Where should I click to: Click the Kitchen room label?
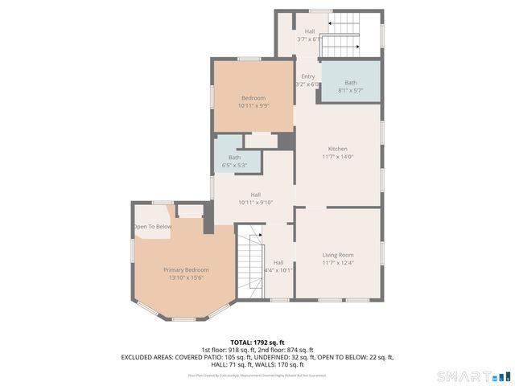click(337, 149)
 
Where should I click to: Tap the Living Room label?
click(337, 255)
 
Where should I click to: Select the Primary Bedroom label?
click(186, 269)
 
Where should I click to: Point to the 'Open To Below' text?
click(152, 227)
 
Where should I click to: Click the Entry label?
click(308, 76)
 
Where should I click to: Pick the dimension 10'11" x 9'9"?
click(253, 105)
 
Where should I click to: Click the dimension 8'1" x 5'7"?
click(350, 90)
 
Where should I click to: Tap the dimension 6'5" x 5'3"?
click(234, 166)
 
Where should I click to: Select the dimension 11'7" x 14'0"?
click(337, 157)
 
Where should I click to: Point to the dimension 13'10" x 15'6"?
click(186, 277)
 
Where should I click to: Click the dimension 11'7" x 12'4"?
click(337, 263)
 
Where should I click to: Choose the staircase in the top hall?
click(340, 37)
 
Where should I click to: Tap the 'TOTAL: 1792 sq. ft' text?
click(257, 343)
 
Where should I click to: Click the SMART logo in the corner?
click(473, 376)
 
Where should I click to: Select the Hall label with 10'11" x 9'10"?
click(255, 195)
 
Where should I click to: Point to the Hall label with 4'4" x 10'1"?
click(278, 262)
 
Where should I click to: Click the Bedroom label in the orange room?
click(253, 98)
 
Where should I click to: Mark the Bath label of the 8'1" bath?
click(350, 83)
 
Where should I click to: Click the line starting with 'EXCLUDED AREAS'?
click(257, 356)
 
